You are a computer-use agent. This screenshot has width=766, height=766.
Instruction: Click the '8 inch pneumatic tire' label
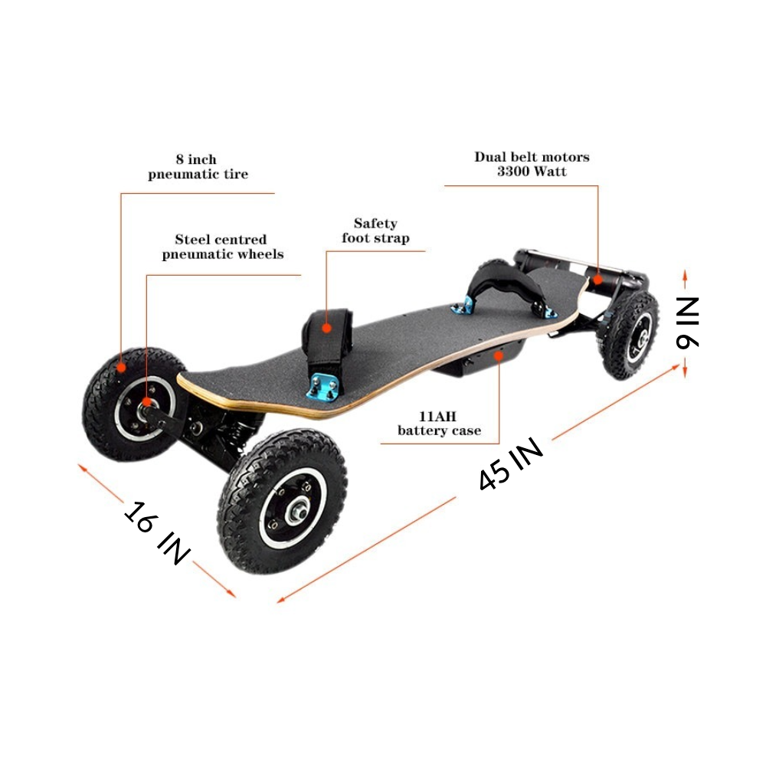point(198,167)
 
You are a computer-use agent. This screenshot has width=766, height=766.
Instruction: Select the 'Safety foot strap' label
point(375,231)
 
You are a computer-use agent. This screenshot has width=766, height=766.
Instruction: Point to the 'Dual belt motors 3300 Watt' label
point(532,164)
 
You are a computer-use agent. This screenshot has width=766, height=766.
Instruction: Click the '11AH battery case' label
point(439,423)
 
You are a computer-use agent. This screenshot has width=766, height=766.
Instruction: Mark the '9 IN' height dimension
point(687,322)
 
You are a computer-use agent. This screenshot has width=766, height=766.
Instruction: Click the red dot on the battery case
point(499,355)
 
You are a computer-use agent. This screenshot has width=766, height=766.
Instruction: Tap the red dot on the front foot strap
point(327,327)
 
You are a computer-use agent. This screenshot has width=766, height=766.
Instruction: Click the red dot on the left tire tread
point(120,368)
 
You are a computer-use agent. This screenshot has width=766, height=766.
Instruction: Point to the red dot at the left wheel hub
point(146,401)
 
